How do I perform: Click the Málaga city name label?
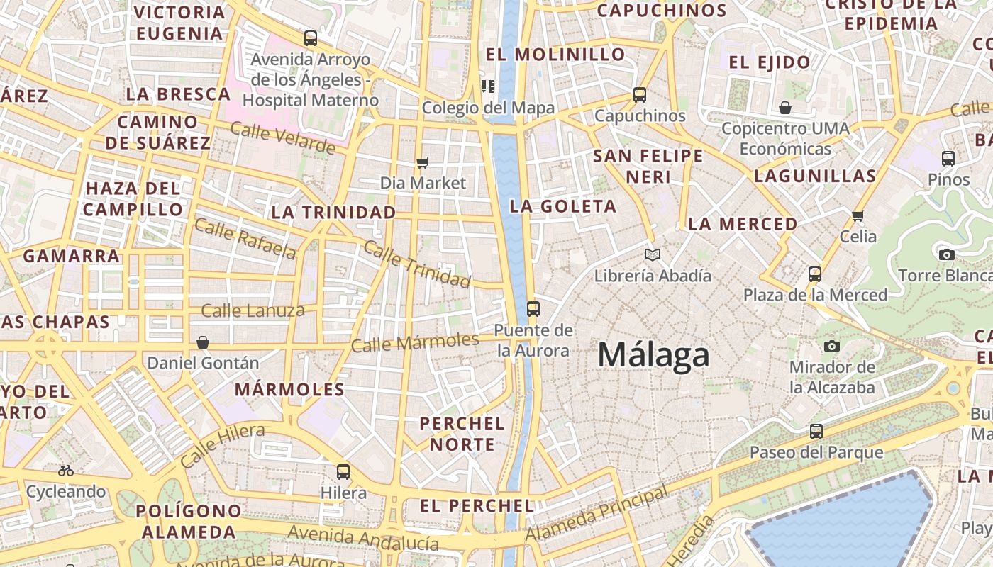[x=653, y=354]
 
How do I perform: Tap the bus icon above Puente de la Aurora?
[x=533, y=309]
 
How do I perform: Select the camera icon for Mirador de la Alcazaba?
[x=832, y=346]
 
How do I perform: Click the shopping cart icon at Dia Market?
[x=423, y=163]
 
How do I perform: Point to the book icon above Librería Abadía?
[x=653, y=254]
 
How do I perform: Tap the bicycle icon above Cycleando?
[x=66, y=470]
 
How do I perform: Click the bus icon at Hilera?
[x=343, y=471]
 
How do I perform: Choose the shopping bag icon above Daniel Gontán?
[x=203, y=342]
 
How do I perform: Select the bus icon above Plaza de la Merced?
[x=815, y=274]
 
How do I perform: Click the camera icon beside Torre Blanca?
[x=946, y=254]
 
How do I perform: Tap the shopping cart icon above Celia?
[x=858, y=215]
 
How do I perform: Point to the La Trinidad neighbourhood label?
[x=333, y=212]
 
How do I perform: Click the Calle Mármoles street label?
[x=415, y=342]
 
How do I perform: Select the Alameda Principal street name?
[x=597, y=513]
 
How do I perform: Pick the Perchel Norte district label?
[x=462, y=434]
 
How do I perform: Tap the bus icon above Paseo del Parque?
[x=816, y=431]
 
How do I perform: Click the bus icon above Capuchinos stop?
[x=640, y=94]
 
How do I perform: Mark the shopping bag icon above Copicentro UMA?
[x=785, y=108]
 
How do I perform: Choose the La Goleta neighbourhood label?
[x=563, y=206]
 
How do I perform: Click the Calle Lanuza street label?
[x=253, y=310]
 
